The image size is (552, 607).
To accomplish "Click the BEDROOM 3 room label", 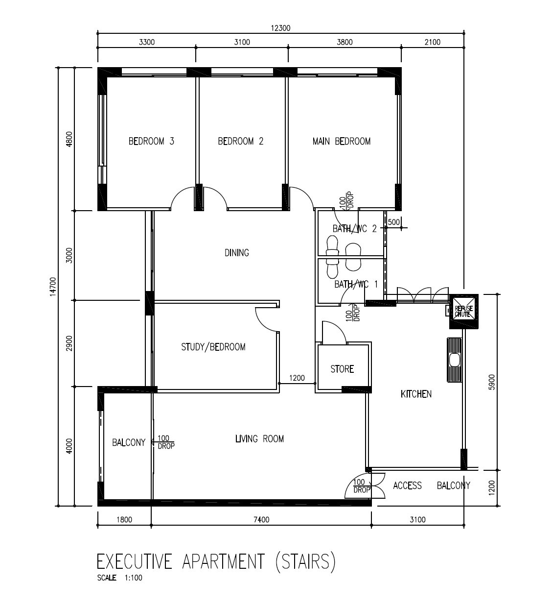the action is (x=151, y=141).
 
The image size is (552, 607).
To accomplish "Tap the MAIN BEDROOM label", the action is (x=341, y=141).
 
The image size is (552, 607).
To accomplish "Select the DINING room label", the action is (x=237, y=253).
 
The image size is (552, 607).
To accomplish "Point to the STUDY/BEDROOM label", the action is (x=213, y=347).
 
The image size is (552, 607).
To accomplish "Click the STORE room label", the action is (x=342, y=369).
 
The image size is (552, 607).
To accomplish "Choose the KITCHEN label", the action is (x=416, y=394).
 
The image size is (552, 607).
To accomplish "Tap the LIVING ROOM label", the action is (x=259, y=439).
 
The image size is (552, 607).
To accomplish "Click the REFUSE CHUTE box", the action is (x=464, y=312).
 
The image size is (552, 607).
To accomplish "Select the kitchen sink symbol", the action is (x=454, y=360).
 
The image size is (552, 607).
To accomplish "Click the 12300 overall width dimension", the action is (x=280, y=28).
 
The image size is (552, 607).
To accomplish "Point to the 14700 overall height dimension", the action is (x=53, y=286).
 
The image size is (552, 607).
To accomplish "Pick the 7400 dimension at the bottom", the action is (x=261, y=519).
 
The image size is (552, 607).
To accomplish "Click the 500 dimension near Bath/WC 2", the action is (x=393, y=222).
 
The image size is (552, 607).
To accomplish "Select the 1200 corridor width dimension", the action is (x=297, y=378).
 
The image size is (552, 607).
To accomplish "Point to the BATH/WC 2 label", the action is (x=355, y=229).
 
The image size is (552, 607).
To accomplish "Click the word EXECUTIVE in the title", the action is (x=135, y=561).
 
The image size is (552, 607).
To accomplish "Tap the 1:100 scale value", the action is (x=133, y=578).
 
